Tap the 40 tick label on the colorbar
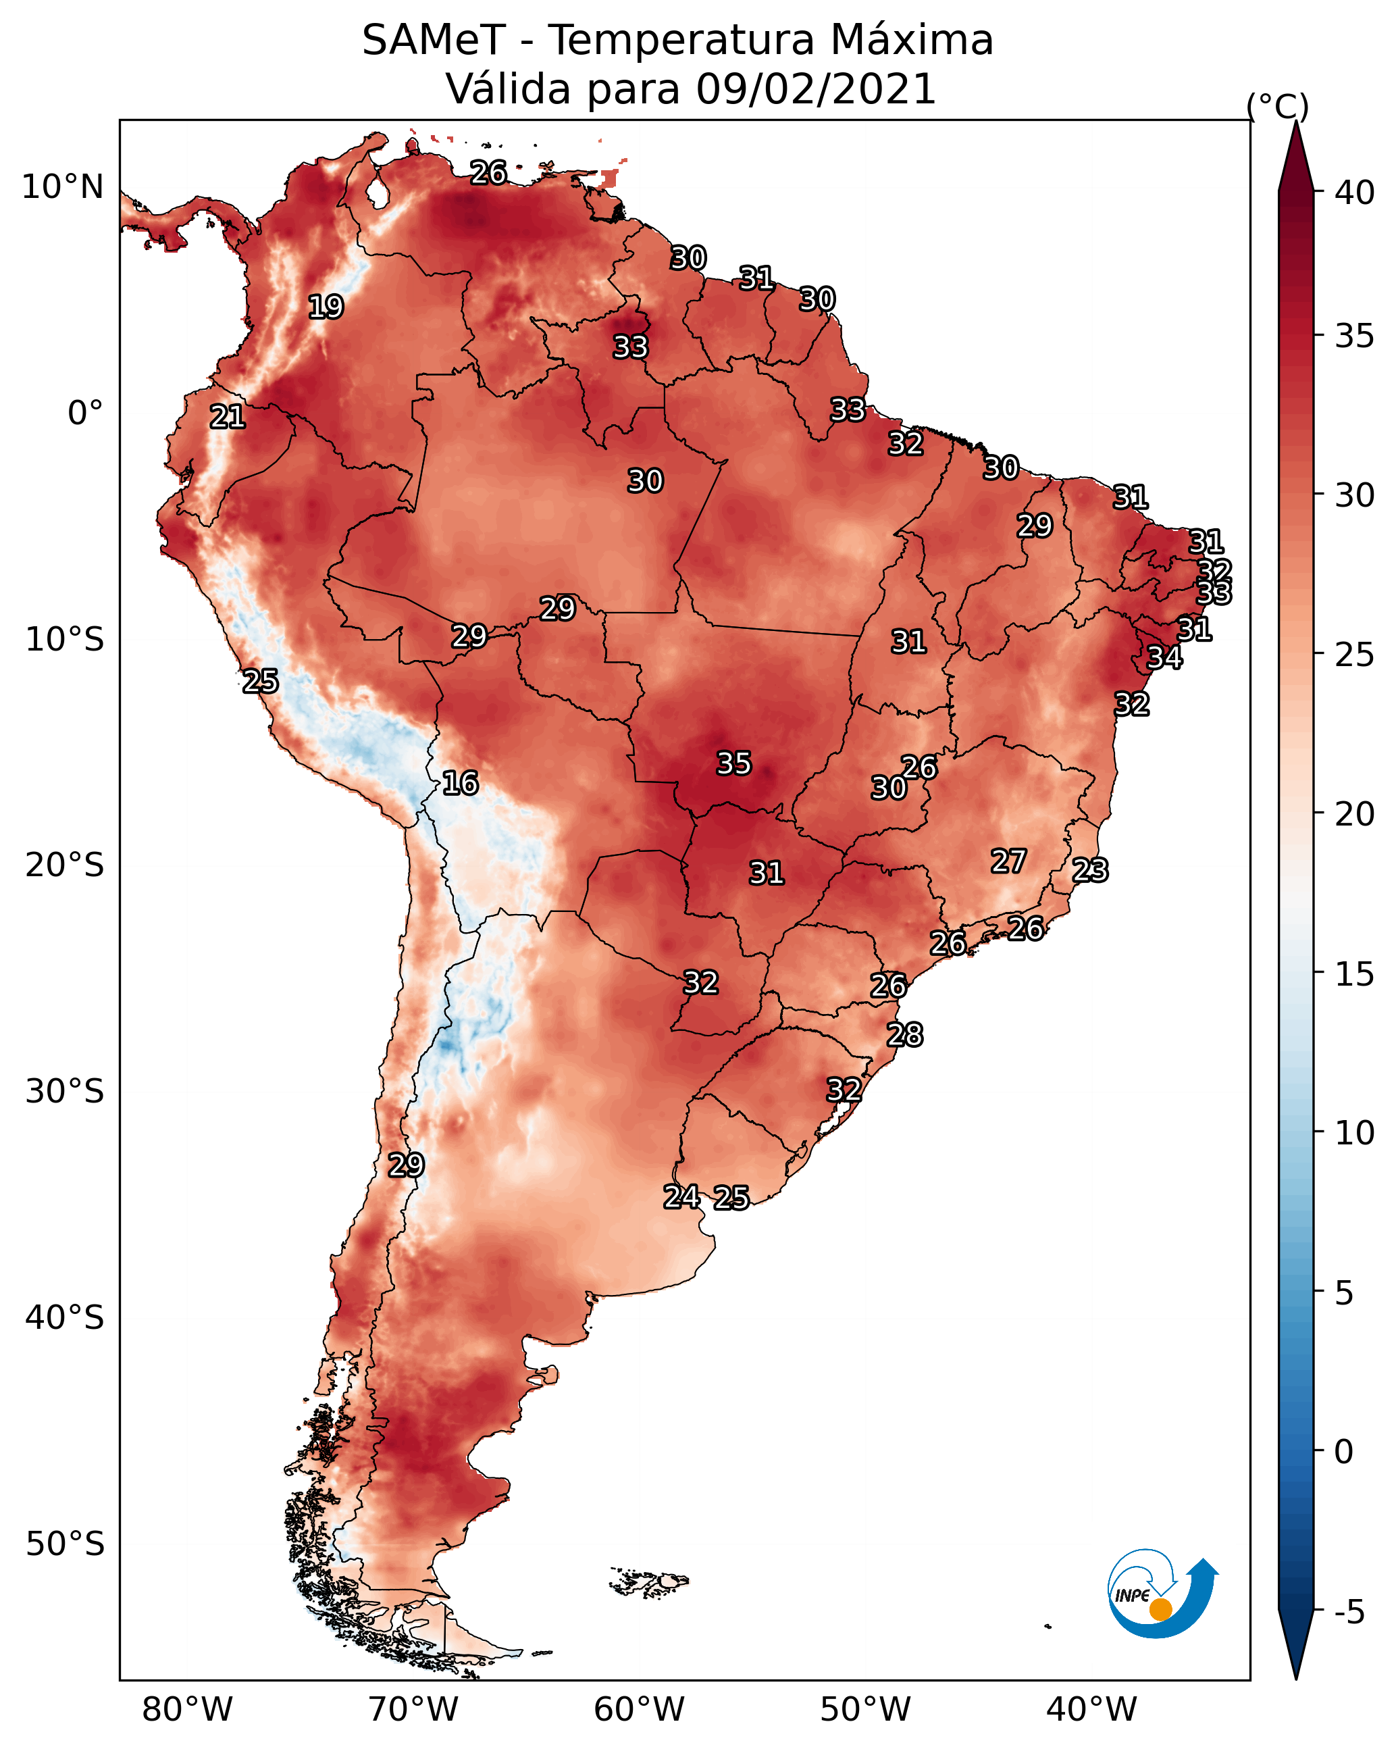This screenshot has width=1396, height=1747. click(x=1355, y=193)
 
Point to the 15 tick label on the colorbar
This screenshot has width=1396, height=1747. click(x=1355, y=974)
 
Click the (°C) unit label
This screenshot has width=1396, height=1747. click(x=1277, y=106)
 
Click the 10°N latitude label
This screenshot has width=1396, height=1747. click(x=62, y=187)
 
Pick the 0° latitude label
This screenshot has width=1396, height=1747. click(x=85, y=413)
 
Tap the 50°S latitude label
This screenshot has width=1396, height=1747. click(x=65, y=1544)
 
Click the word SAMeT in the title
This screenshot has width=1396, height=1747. click(x=434, y=41)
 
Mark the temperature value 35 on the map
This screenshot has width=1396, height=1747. click(x=734, y=763)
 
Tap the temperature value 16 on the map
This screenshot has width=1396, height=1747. click(x=460, y=783)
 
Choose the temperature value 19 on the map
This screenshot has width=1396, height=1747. click(x=326, y=307)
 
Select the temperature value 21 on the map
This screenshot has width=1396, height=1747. click(x=228, y=417)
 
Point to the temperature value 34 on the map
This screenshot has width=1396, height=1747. click(x=1164, y=657)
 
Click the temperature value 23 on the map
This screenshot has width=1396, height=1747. click(x=1090, y=870)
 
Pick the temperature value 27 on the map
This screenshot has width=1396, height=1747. click(x=1009, y=861)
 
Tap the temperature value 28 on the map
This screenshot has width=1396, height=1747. click(x=904, y=1035)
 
